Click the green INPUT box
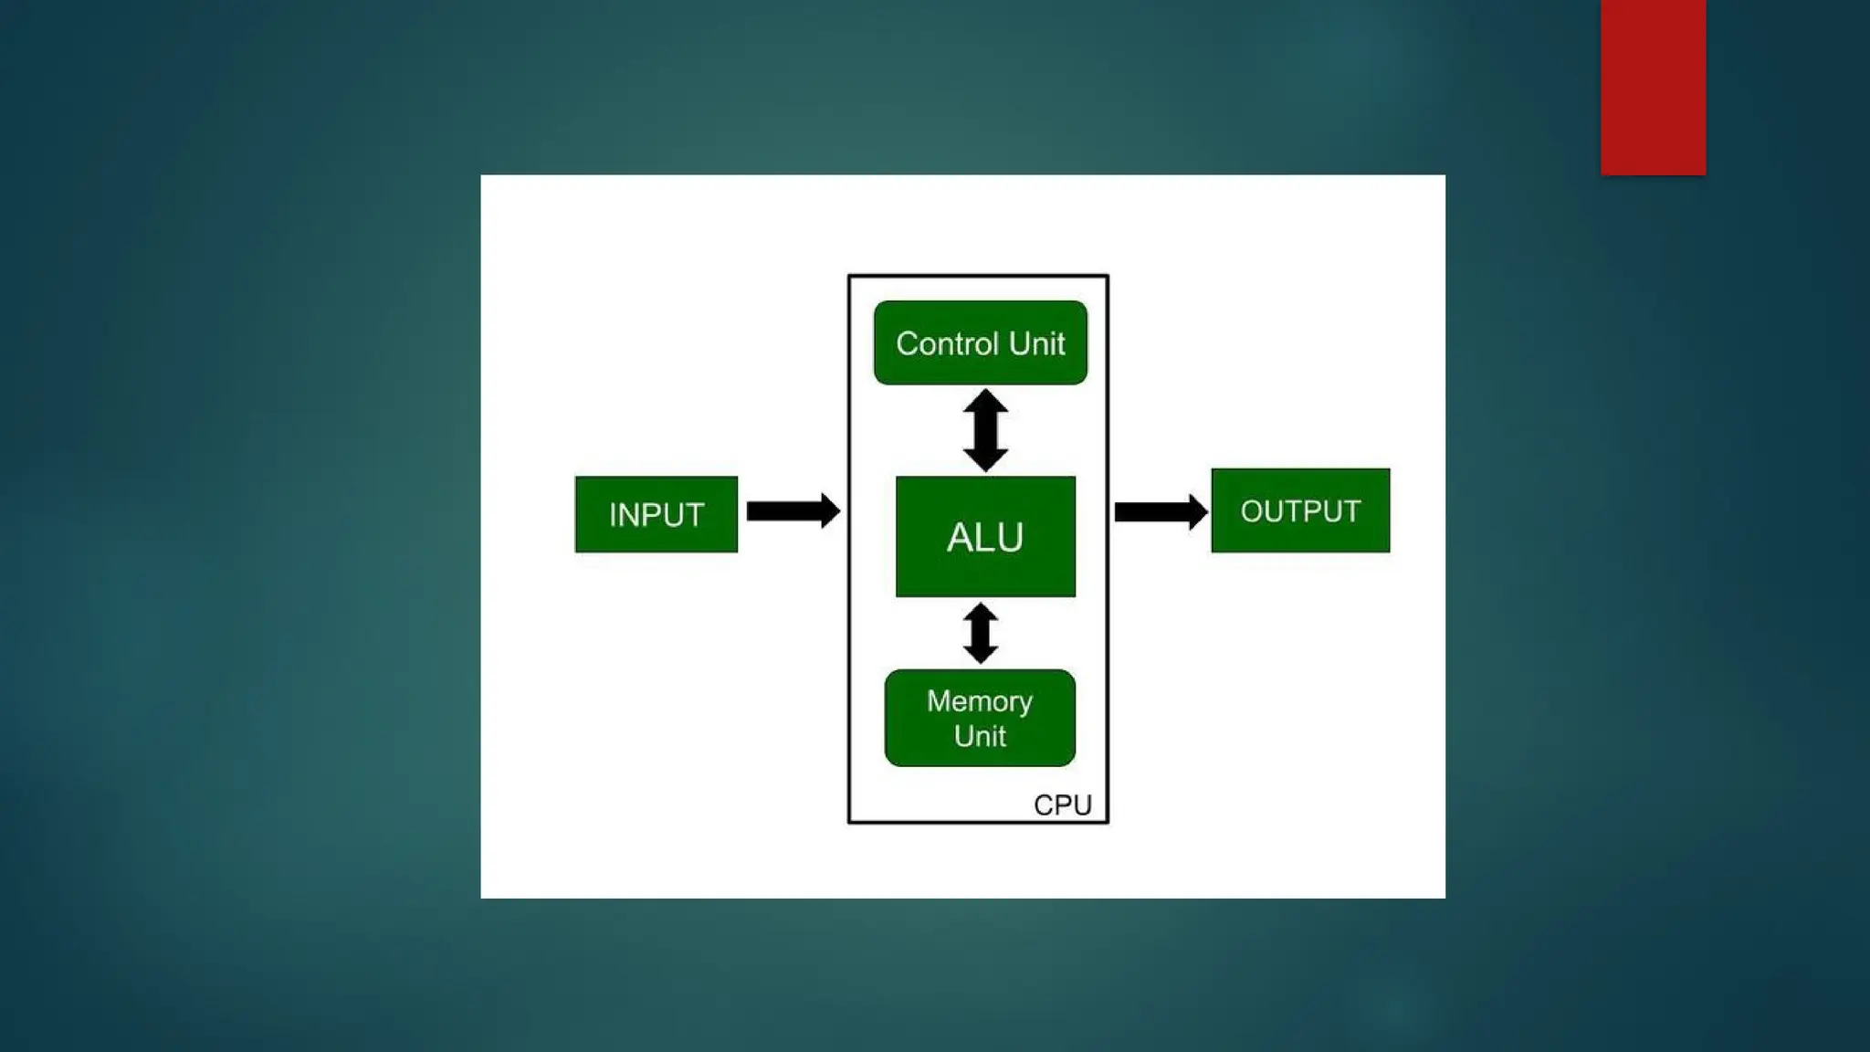coord(656,514)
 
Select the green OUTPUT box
coord(1300,510)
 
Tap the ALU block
coord(985,536)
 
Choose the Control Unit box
coord(980,342)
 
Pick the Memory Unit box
coord(980,718)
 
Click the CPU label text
coord(1062,805)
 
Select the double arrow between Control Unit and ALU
coord(985,430)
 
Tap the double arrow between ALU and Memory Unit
coord(981,633)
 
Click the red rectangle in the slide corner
coord(1653,87)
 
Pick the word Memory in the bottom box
coord(980,701)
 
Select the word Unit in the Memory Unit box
coord(980,736)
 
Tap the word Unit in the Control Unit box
coord(1037,343)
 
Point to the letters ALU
coord(985,537)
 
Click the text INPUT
coord(657,515)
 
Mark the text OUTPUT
coord(1300,511)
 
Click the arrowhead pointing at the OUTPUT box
coord(1197,511)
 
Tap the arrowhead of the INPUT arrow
coord(829,510)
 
